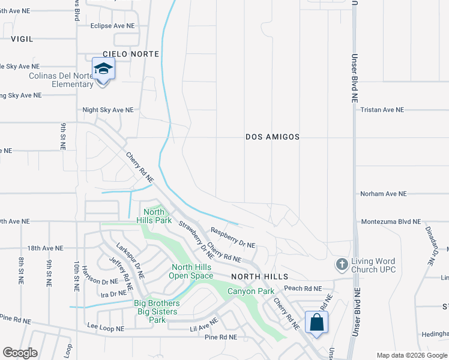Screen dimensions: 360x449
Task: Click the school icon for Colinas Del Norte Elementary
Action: point(103,69)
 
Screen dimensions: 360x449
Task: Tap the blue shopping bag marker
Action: point(316,322)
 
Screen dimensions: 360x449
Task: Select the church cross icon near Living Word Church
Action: point(342,264)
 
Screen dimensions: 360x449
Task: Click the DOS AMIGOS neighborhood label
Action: point(273,137)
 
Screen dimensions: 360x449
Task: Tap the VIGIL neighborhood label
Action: point(22,38)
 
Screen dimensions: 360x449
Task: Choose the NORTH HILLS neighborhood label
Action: point(261,277)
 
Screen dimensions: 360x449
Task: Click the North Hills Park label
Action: point(154,216)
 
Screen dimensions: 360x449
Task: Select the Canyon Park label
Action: point(250,292)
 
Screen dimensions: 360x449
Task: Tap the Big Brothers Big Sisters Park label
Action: point(156,311)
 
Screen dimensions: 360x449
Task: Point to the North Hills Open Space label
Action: point(192,271)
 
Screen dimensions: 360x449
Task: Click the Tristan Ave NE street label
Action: point(382,110)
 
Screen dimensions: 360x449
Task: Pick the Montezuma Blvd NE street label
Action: point(391,221)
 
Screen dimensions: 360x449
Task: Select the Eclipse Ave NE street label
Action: point(112,26)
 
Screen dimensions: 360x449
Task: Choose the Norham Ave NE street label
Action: point(384,194)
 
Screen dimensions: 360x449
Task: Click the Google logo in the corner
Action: point(20,353)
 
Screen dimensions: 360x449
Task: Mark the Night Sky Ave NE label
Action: point(108,110)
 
